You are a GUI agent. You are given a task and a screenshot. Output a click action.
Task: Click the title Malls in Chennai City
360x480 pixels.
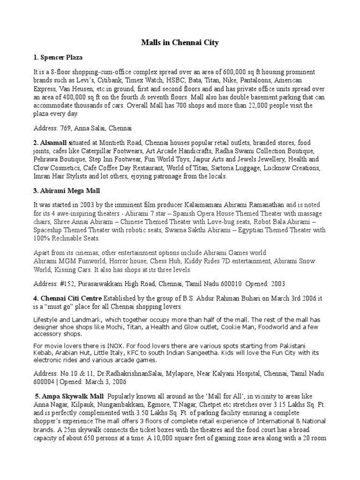180,43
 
